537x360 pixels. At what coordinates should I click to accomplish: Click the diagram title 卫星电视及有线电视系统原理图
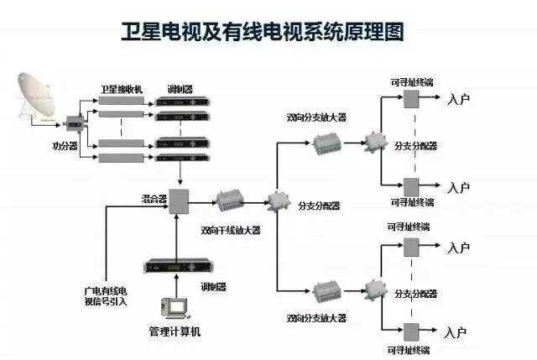click(268, 32)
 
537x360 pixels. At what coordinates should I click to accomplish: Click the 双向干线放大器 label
click(230, 229)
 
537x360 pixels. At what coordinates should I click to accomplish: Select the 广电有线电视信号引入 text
click(105, 295)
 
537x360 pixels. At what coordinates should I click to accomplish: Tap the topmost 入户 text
click(458, 100)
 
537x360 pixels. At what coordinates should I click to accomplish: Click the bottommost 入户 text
click(458, 331)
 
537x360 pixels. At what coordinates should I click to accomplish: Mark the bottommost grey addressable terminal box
click(411, 330)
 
